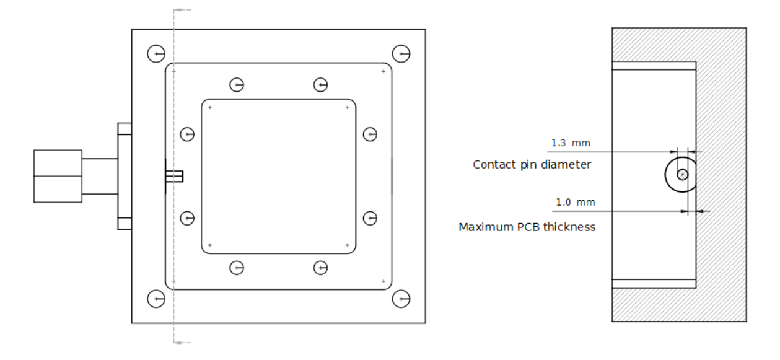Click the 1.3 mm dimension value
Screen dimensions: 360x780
(571, 143)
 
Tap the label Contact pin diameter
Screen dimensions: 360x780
(532, 165)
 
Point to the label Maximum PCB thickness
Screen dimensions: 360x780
(527, 227)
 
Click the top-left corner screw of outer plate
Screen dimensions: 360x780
(156, 54)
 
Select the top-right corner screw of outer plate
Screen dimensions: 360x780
(401, 54)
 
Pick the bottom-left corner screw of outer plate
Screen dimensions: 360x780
(156, 299)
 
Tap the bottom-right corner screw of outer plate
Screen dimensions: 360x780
(401, 299)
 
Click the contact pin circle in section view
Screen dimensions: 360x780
(681, 175)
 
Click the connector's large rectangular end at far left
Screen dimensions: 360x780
(58, 176)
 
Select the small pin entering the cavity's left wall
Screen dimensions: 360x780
(175, 176)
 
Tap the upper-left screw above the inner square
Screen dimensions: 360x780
(236, 85)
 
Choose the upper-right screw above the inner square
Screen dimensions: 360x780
(320, 85)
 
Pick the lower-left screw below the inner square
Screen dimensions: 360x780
(236, 268)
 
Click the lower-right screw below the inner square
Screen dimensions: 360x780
(320, 268)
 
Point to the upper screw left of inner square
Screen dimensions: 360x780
(187, 134)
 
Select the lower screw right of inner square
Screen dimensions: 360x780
(370, 217)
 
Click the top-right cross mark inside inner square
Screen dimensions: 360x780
(348, 108)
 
